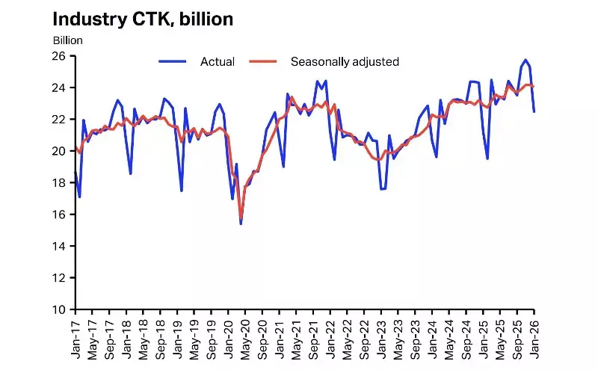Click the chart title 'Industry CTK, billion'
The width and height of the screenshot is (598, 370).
click(x=142, y=19)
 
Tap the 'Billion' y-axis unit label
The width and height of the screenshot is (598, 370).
click(x=67, y=40)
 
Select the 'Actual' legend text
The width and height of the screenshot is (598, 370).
click(x=218, y=61)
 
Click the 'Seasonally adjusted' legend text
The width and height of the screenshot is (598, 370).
click(x=345, y=61)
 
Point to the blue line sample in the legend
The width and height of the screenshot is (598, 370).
click(x=176, y=61)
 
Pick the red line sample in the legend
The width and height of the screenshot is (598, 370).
click(x=262, y=61)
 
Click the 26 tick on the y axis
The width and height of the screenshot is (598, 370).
click(x=60, y=56)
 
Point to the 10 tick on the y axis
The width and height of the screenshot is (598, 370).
click(x=60, y=309)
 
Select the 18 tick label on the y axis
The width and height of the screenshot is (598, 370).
click(x=60, y=182)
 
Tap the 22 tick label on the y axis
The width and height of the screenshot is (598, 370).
click(x=60, y=120)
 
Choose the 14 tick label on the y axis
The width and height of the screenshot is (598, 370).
click(x=60, y=246)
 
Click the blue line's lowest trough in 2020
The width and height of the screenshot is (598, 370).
click(x=241, y=223)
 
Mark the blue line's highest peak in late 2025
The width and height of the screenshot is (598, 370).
click(x=525, y=60)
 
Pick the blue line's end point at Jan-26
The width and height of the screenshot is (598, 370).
click(x=534, y=111)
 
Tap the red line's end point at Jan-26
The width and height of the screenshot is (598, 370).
click(x=534, y=86)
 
